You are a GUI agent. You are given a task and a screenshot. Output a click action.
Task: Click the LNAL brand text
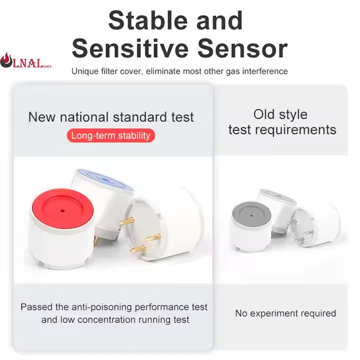(x=28, y=63)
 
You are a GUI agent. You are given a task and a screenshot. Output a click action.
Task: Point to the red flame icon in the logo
(x=7, y=60)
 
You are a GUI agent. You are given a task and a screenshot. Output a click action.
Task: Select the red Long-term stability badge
(x=111, y=135)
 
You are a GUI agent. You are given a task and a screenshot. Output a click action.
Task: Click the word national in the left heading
(x=84, y=117)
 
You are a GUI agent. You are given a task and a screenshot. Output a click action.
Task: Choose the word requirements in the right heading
(x=296, y=130)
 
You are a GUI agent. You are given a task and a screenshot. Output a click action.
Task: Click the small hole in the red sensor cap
(x=63, y=211)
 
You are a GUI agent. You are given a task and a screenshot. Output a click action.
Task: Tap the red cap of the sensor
(x=63, y=208)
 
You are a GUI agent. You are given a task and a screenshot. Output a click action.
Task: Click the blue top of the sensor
(x=105, y=180)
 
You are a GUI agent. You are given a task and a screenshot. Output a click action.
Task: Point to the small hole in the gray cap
(x=252, y=216)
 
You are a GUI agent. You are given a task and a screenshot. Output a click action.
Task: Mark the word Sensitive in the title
(x=130, y=49)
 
